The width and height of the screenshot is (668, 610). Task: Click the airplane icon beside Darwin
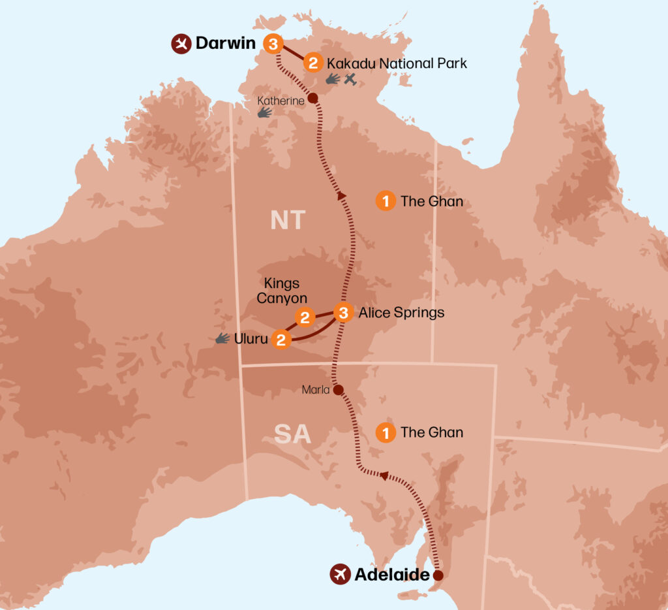click(x=180, y=44)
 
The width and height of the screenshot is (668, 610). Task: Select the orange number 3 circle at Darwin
click(x=273, y=44)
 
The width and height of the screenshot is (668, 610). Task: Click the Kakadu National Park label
click(x=397, y=63)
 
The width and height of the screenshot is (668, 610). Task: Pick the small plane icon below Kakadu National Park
click(x=350, y=80)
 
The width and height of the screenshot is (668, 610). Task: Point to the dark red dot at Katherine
click(x=312, y=99)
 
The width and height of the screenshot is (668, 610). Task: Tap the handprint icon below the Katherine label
click(x=264, y=112)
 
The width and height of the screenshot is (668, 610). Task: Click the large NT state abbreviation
click(x=288, y=220)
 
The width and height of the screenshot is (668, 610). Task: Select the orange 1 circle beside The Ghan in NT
click(x=386, y=201)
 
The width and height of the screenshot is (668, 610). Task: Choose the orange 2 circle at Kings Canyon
click(x=304, y=317)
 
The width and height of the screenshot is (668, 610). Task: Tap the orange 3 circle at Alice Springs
click(x=344, y=312)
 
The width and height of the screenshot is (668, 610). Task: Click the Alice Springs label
click(x=401, y=313)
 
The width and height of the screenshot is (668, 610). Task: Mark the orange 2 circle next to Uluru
click(x=281, y=339)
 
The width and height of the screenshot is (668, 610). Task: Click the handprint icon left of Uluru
click(x=222, y=338)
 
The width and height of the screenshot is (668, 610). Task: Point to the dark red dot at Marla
click(x=338, y=390)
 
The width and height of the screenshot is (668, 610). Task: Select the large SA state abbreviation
click(x=292, y=434)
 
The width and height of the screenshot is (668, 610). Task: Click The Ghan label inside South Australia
click(x=432, y=432)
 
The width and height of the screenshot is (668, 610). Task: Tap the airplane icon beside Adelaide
click(x=339, y=575)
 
